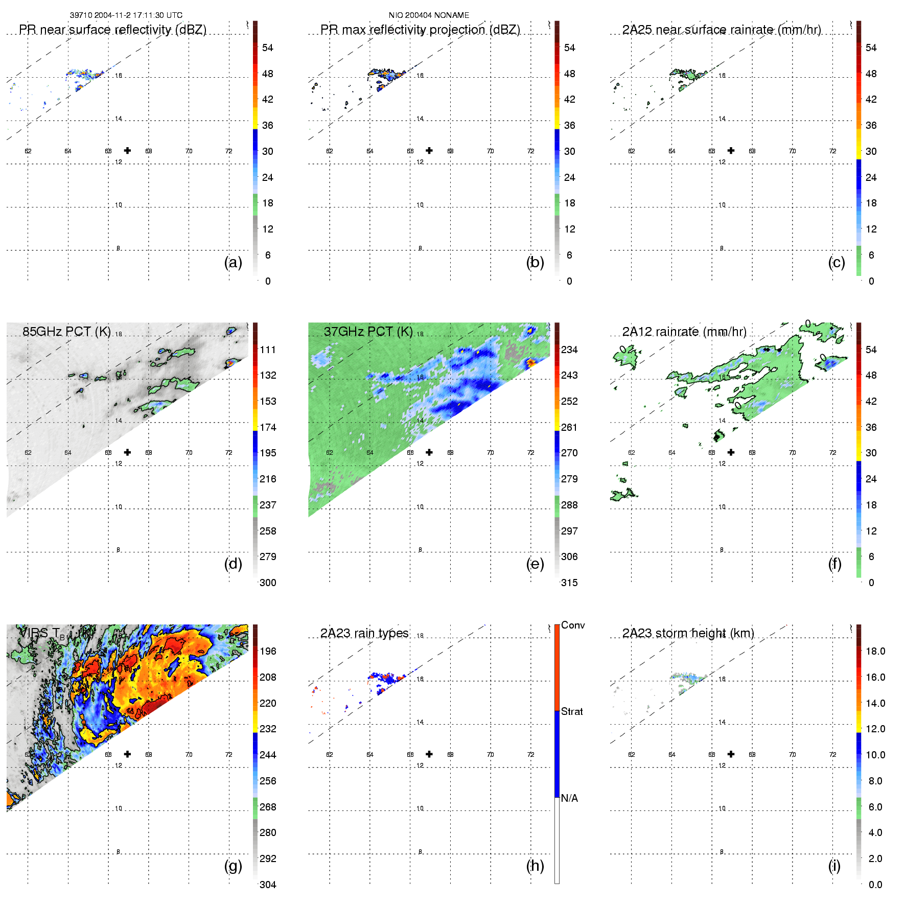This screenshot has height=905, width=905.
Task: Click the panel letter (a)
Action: coord(233,263)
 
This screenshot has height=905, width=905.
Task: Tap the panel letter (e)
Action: coord(535,564)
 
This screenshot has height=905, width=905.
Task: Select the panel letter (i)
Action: coord(834,866)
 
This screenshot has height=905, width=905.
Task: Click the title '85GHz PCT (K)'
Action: coord(66,332)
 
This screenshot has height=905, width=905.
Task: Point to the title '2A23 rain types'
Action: coord(364,633)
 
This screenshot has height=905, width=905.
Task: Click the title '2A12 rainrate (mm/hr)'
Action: coord(684,332)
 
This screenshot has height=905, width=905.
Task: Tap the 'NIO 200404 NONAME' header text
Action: coord(429,15)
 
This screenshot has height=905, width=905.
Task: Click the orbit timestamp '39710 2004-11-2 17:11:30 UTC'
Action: coord(126,15)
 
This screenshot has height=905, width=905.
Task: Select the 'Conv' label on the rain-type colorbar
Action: coord(573,625)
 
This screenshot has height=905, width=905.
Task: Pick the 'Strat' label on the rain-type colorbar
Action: coord(572,711)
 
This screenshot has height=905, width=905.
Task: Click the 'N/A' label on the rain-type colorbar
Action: coord(569,798)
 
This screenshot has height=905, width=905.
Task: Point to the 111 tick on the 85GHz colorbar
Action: coord(268,350)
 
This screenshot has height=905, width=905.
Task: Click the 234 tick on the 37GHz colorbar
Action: coord(569,350)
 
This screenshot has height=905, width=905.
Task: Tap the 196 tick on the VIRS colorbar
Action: coord(268,651)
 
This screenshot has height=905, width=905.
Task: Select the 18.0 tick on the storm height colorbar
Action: coord(875,651)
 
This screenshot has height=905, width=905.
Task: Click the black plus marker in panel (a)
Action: coord(127,150)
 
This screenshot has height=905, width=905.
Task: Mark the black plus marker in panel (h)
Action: coord(429,754)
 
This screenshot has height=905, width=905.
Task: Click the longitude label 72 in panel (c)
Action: coord(832,151)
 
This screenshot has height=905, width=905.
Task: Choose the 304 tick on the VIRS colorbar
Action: coord(268,885)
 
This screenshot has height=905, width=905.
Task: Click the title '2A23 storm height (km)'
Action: coord(688,633)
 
